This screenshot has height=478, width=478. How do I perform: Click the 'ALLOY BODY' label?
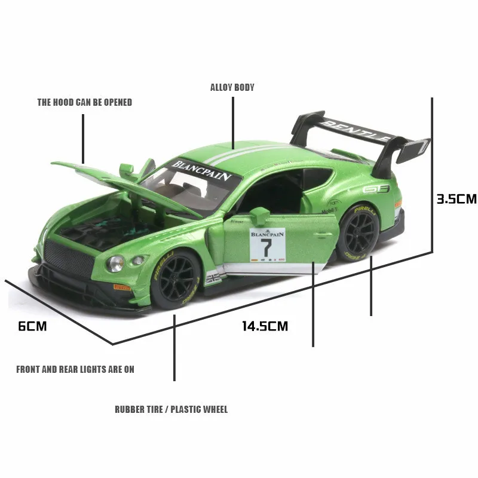coord(232,87)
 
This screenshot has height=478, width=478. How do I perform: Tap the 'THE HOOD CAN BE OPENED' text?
coord(84,102)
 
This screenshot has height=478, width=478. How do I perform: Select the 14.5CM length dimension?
coord(265,326)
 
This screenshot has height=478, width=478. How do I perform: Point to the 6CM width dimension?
coord(32,326)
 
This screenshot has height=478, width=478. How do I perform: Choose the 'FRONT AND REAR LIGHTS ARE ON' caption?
coord(75,369)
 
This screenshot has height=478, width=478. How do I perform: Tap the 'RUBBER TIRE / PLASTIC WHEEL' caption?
coord(171,409)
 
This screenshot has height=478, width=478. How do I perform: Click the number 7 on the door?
coord(266,247)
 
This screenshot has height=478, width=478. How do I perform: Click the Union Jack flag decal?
coord(212,278)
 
